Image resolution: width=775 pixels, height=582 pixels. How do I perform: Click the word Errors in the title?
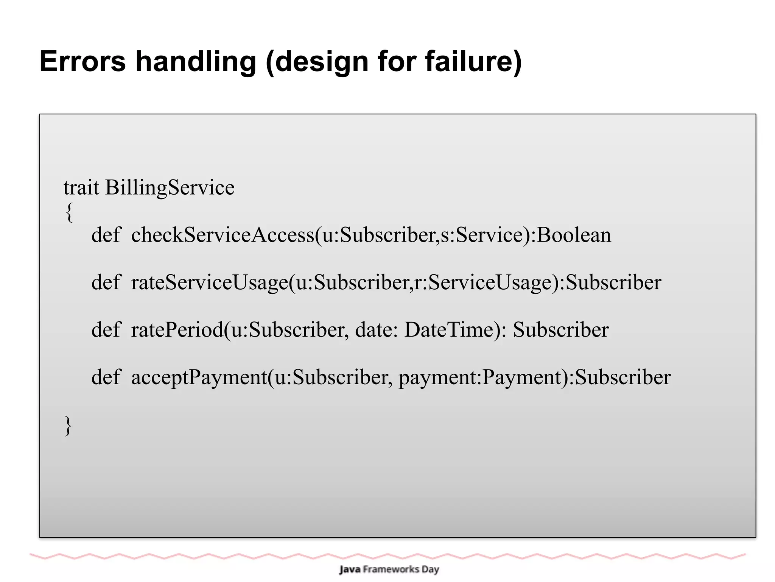[82, 61]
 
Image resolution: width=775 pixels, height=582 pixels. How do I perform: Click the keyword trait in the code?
[81, 187]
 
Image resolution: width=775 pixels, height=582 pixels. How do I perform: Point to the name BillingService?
[170, 188]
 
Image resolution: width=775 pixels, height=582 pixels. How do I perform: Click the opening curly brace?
[69, 212]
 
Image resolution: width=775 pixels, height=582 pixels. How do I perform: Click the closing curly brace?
[68, 426]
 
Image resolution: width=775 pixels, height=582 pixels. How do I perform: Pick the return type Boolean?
[574, 235]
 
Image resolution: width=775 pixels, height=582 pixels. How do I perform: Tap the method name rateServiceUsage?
[209, 283]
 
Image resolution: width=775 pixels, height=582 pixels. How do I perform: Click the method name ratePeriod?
[177, 330]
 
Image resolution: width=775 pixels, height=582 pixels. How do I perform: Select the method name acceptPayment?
[199, 378]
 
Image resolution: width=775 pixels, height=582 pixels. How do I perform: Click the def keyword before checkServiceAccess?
[106, 235]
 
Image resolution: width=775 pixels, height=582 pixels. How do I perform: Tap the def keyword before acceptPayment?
[106, 377]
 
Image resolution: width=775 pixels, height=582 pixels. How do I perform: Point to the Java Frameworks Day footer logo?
[389, 570]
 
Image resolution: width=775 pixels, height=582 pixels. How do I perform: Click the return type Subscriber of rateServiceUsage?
[613, 282]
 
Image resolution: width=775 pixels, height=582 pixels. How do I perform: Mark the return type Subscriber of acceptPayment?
[622, 377]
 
